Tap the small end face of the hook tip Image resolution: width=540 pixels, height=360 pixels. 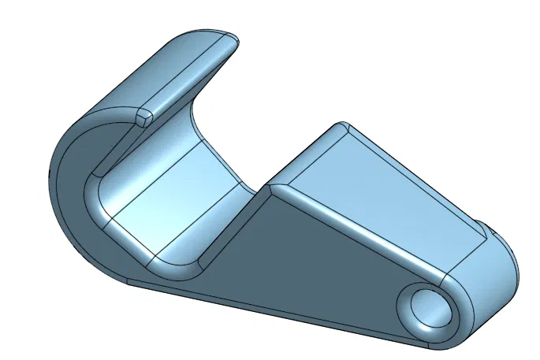144,117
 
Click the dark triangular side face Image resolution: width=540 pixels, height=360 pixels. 307,260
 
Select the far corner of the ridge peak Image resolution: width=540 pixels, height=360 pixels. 341,126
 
